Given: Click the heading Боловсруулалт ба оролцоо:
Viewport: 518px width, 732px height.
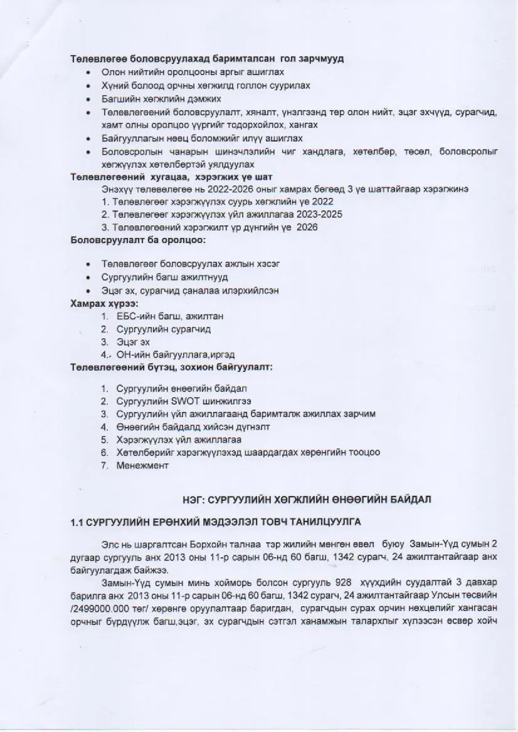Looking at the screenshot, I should (138, 240).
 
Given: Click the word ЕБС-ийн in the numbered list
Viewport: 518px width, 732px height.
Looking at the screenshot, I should (135, 316).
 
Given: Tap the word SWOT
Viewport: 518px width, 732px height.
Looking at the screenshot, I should (180, 401).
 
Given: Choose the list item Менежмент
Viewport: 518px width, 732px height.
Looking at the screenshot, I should (143, 465).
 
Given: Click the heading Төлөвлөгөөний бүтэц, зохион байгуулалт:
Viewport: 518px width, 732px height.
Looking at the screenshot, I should (171, 367).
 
